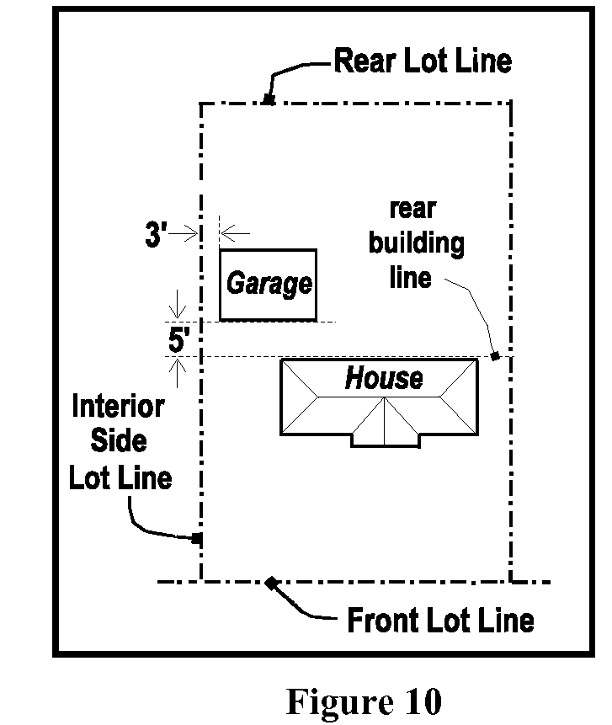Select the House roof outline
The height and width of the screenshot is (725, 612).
(379, 360)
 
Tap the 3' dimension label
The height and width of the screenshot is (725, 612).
(156, 234)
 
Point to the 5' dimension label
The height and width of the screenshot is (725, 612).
(178, 340)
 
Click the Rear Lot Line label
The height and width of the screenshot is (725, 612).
(423, 61)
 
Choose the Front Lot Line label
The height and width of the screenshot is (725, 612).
(440, 620)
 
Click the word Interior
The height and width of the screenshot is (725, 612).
(119, 407)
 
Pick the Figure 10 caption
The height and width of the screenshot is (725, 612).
(365, 701)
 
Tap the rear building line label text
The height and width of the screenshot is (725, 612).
(416, 243)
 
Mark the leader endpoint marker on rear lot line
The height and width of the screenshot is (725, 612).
(268, 99)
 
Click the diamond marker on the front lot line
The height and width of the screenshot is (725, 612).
(271, 583)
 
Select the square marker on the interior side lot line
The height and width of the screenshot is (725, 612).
(197, 538)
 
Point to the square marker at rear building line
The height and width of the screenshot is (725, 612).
(495, 356)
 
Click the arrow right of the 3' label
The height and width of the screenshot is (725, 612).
(183, 233)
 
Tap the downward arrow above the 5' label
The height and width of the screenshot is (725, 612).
(178, 304)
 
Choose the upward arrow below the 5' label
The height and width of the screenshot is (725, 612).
(178, 374)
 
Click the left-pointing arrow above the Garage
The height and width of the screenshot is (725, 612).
(235, 233)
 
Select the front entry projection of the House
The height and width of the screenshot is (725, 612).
(386, 441)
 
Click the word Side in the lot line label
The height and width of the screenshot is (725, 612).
(119, 440)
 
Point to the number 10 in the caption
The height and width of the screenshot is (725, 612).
(424, 701)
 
